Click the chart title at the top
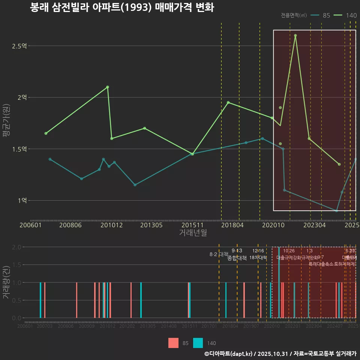point(122,7)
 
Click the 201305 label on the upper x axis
point(151,225)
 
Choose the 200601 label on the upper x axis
point(31,225)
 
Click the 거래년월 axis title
point(193,232)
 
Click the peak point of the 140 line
point(295,36)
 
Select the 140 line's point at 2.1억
point(108,87)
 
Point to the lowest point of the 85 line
point(336,211)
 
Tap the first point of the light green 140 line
point(46,133)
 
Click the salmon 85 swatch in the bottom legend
point(173,343)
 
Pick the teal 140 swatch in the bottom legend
point(198,343)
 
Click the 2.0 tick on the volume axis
point(16,247)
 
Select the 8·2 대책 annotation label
point(219,254)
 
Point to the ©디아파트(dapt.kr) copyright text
point(229,353)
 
